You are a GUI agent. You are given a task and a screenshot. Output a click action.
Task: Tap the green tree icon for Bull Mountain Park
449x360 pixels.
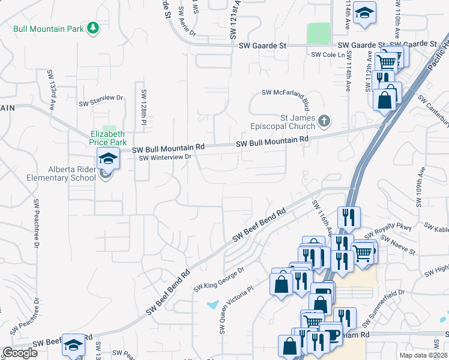(x=93, y=28)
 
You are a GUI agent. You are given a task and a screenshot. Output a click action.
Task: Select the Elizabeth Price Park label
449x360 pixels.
(x=108, y=138)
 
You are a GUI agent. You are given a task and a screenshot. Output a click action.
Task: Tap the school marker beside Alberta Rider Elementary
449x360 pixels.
(x=109, y=159)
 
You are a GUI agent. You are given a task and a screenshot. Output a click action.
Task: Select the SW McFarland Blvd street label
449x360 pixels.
(x=288, y=92)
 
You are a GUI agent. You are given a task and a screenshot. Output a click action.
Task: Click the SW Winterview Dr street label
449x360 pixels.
(x=164, y=158)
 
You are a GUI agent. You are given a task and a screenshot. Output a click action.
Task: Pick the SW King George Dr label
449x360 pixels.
(x=218, y=280)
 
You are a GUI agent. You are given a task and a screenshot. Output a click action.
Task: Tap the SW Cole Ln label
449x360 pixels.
(x=328, y=55)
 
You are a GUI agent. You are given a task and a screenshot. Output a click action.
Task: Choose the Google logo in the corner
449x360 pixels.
(x=19, y=353)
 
